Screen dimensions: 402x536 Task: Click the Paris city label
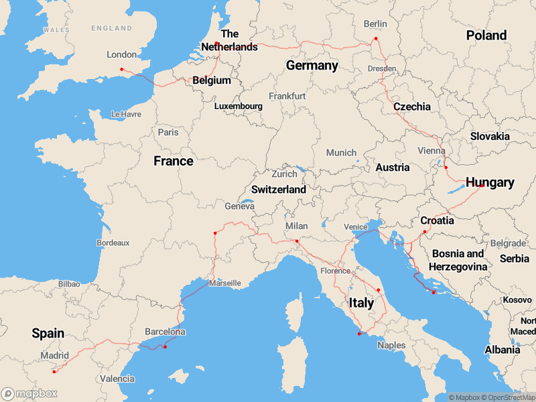coord(168,132)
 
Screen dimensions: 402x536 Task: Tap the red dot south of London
coord(121,70)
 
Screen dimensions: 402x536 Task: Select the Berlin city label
coord(375,24)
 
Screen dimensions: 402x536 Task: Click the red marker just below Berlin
coord(376,38)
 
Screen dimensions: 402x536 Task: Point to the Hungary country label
coord(490,182)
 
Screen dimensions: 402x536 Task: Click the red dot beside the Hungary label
coord(482,186)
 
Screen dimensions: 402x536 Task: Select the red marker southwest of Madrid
coord(54,371)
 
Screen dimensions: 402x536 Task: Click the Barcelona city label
coord(165,332)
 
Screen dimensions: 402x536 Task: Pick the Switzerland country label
coord(279,190)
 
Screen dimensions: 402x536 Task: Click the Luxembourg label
coord(238,106)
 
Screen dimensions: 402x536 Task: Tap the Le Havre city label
coord(126,114)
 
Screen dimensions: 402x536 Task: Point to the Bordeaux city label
coord(113,242)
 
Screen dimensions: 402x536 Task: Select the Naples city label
coord(391,345)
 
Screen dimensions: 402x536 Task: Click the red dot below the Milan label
coord(297,241)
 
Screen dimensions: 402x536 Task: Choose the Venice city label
coord(356,226)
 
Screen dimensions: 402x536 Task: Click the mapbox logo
coord(29,393)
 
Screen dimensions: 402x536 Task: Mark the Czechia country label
coord(412,107)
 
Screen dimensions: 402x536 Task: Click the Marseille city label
coord(224,283)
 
